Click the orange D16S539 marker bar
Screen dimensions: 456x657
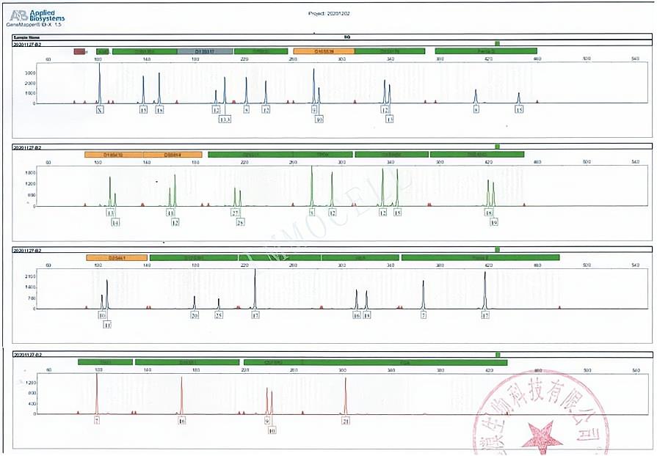click(324, 51)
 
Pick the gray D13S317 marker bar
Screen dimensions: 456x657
click(205, 51)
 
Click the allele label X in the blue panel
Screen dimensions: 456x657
click(100, 110)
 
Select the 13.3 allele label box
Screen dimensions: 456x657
click(225, 119)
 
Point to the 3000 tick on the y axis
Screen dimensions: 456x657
click(29, 73)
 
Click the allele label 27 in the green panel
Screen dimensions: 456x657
click(236, 213)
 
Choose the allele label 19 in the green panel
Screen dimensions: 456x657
click(493, 221)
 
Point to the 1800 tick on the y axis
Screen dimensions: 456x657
click(30, 172)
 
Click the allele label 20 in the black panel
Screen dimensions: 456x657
click(195, 315)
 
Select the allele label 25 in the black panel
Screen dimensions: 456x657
click(218, 315)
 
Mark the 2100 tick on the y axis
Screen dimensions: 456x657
click(30, 276)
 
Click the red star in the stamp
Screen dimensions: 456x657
click(542, 437)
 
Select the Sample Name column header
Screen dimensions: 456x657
click(27, 36)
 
